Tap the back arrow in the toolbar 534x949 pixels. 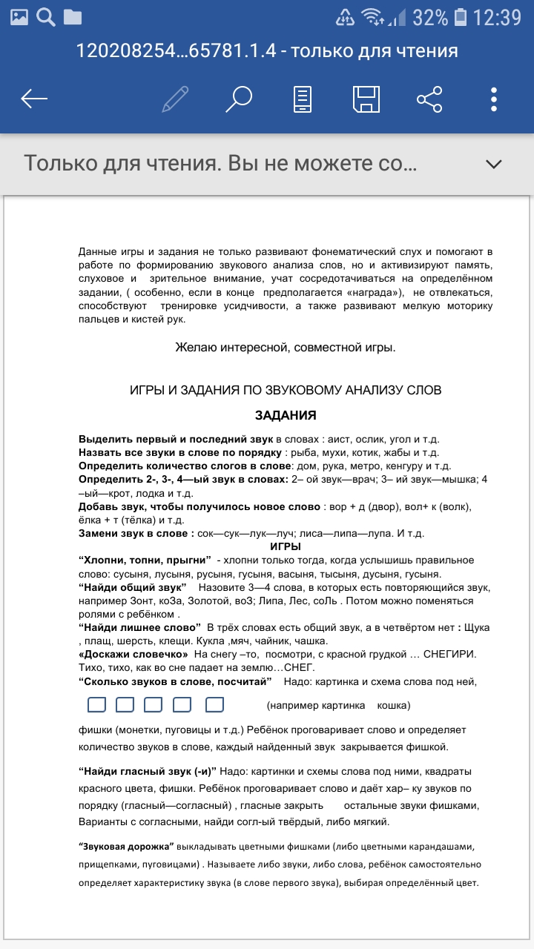[x=34, y=99]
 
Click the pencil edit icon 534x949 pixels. [x=175, y=99]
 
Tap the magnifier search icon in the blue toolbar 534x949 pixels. [x=239, y=99]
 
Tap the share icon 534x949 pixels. [x=429, y=99]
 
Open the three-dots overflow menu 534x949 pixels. [x=494, y=99]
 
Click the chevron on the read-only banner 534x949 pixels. [x=493, y=164]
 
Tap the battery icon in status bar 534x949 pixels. [x=461, y=16]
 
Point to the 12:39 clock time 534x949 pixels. [x=498, y=16]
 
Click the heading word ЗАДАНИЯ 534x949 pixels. [x=286, y=415]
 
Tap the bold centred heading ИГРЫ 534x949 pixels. [x=286, y=546]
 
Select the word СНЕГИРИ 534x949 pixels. [x=445, y=655]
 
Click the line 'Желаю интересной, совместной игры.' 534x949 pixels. [x=286, y=347]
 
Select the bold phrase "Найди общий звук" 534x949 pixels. [x=133, y=587]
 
